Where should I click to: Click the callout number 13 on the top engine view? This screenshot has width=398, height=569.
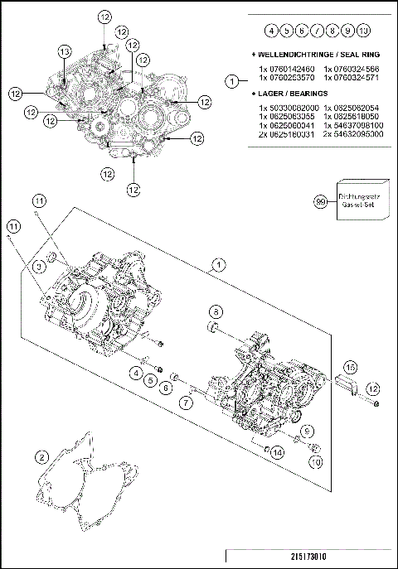(64, 51)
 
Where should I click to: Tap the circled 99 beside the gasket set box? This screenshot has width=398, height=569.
(320, 200)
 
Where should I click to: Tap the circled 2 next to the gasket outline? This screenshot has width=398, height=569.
(41, 456)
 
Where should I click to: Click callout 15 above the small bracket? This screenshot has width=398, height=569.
(351, 366)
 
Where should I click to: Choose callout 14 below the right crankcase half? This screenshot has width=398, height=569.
(277, 452)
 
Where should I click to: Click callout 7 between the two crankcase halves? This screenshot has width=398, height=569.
(187, 402)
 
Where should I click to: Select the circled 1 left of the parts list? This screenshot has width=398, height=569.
(233, 80)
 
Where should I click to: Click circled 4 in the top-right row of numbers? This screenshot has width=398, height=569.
(270, 31)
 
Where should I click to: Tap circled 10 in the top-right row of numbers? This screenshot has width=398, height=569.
(363, 31)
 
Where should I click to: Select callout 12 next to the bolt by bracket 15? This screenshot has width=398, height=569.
(372, 388)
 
